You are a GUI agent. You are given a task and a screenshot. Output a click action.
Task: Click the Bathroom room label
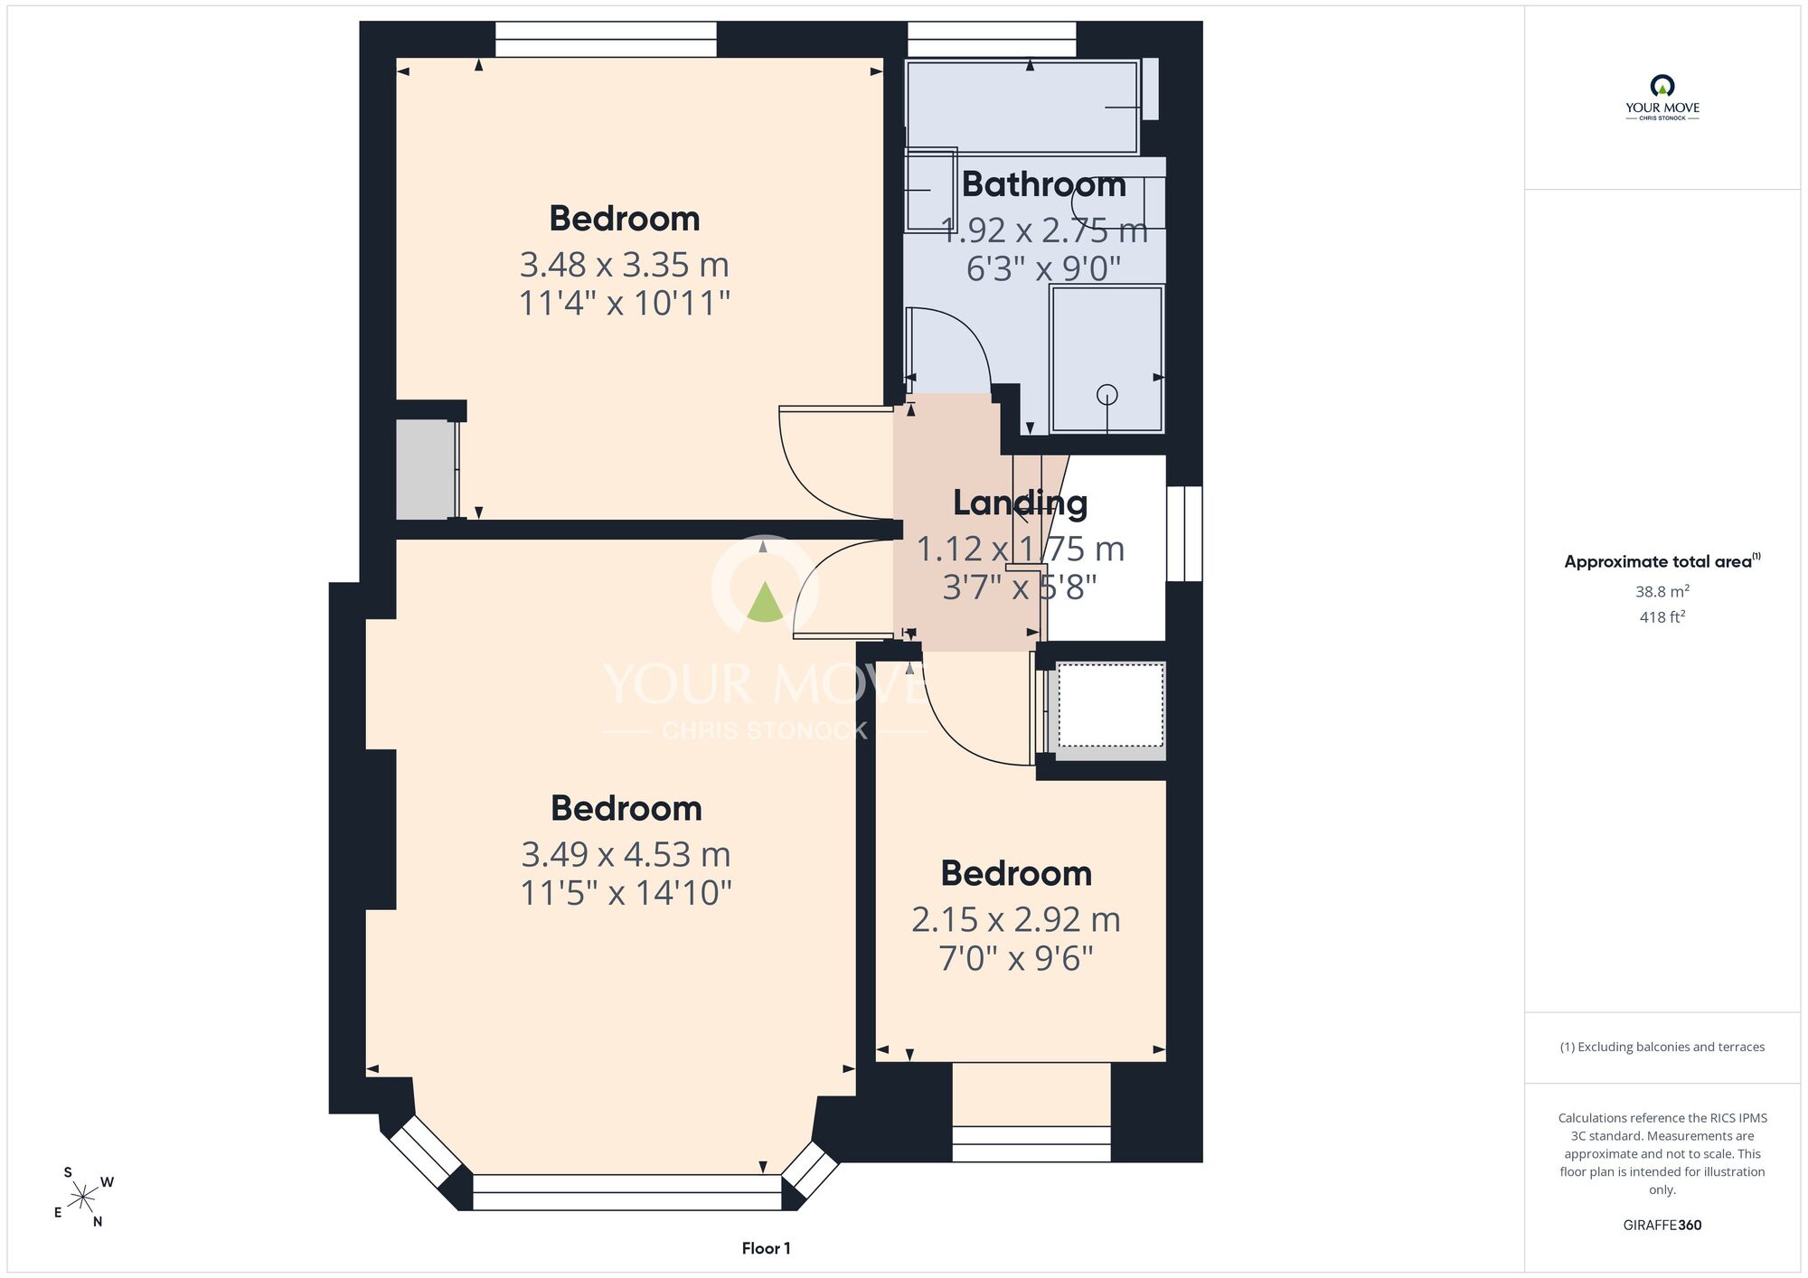[1044, 184]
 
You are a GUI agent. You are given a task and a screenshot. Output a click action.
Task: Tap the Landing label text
[1021, 503]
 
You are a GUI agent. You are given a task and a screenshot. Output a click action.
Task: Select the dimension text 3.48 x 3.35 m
[625, 265]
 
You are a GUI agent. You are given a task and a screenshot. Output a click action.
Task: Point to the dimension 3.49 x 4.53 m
[626, 854]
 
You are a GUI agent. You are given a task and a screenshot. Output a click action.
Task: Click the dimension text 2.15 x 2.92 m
[1016, 920]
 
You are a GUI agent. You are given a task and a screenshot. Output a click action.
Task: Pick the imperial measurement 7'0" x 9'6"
[1016, 958]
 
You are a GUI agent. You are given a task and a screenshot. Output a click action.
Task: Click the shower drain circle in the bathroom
[1107, 395]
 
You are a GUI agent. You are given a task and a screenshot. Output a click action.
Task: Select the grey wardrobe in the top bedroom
[426, 470]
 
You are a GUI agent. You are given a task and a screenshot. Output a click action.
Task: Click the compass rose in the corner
[83, 1198]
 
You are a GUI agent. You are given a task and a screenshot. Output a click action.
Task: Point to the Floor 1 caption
[766, 1248]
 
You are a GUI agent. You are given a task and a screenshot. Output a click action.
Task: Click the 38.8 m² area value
[1662, 591]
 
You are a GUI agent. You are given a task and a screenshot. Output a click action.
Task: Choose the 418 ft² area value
[1662, 616]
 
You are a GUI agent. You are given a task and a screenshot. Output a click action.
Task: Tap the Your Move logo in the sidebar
[1662, 98]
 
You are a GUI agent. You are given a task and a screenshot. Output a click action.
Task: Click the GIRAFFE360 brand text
[1662, 1226]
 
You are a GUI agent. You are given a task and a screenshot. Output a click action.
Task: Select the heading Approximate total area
[1662, 561]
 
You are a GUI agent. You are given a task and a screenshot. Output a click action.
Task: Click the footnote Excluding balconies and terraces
[1662, 1047]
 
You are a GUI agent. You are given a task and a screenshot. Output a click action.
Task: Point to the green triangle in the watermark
[765, 602]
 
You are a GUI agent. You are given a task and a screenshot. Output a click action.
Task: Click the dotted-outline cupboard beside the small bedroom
[1110, 705]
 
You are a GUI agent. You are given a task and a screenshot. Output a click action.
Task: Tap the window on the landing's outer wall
[1184, 533]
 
